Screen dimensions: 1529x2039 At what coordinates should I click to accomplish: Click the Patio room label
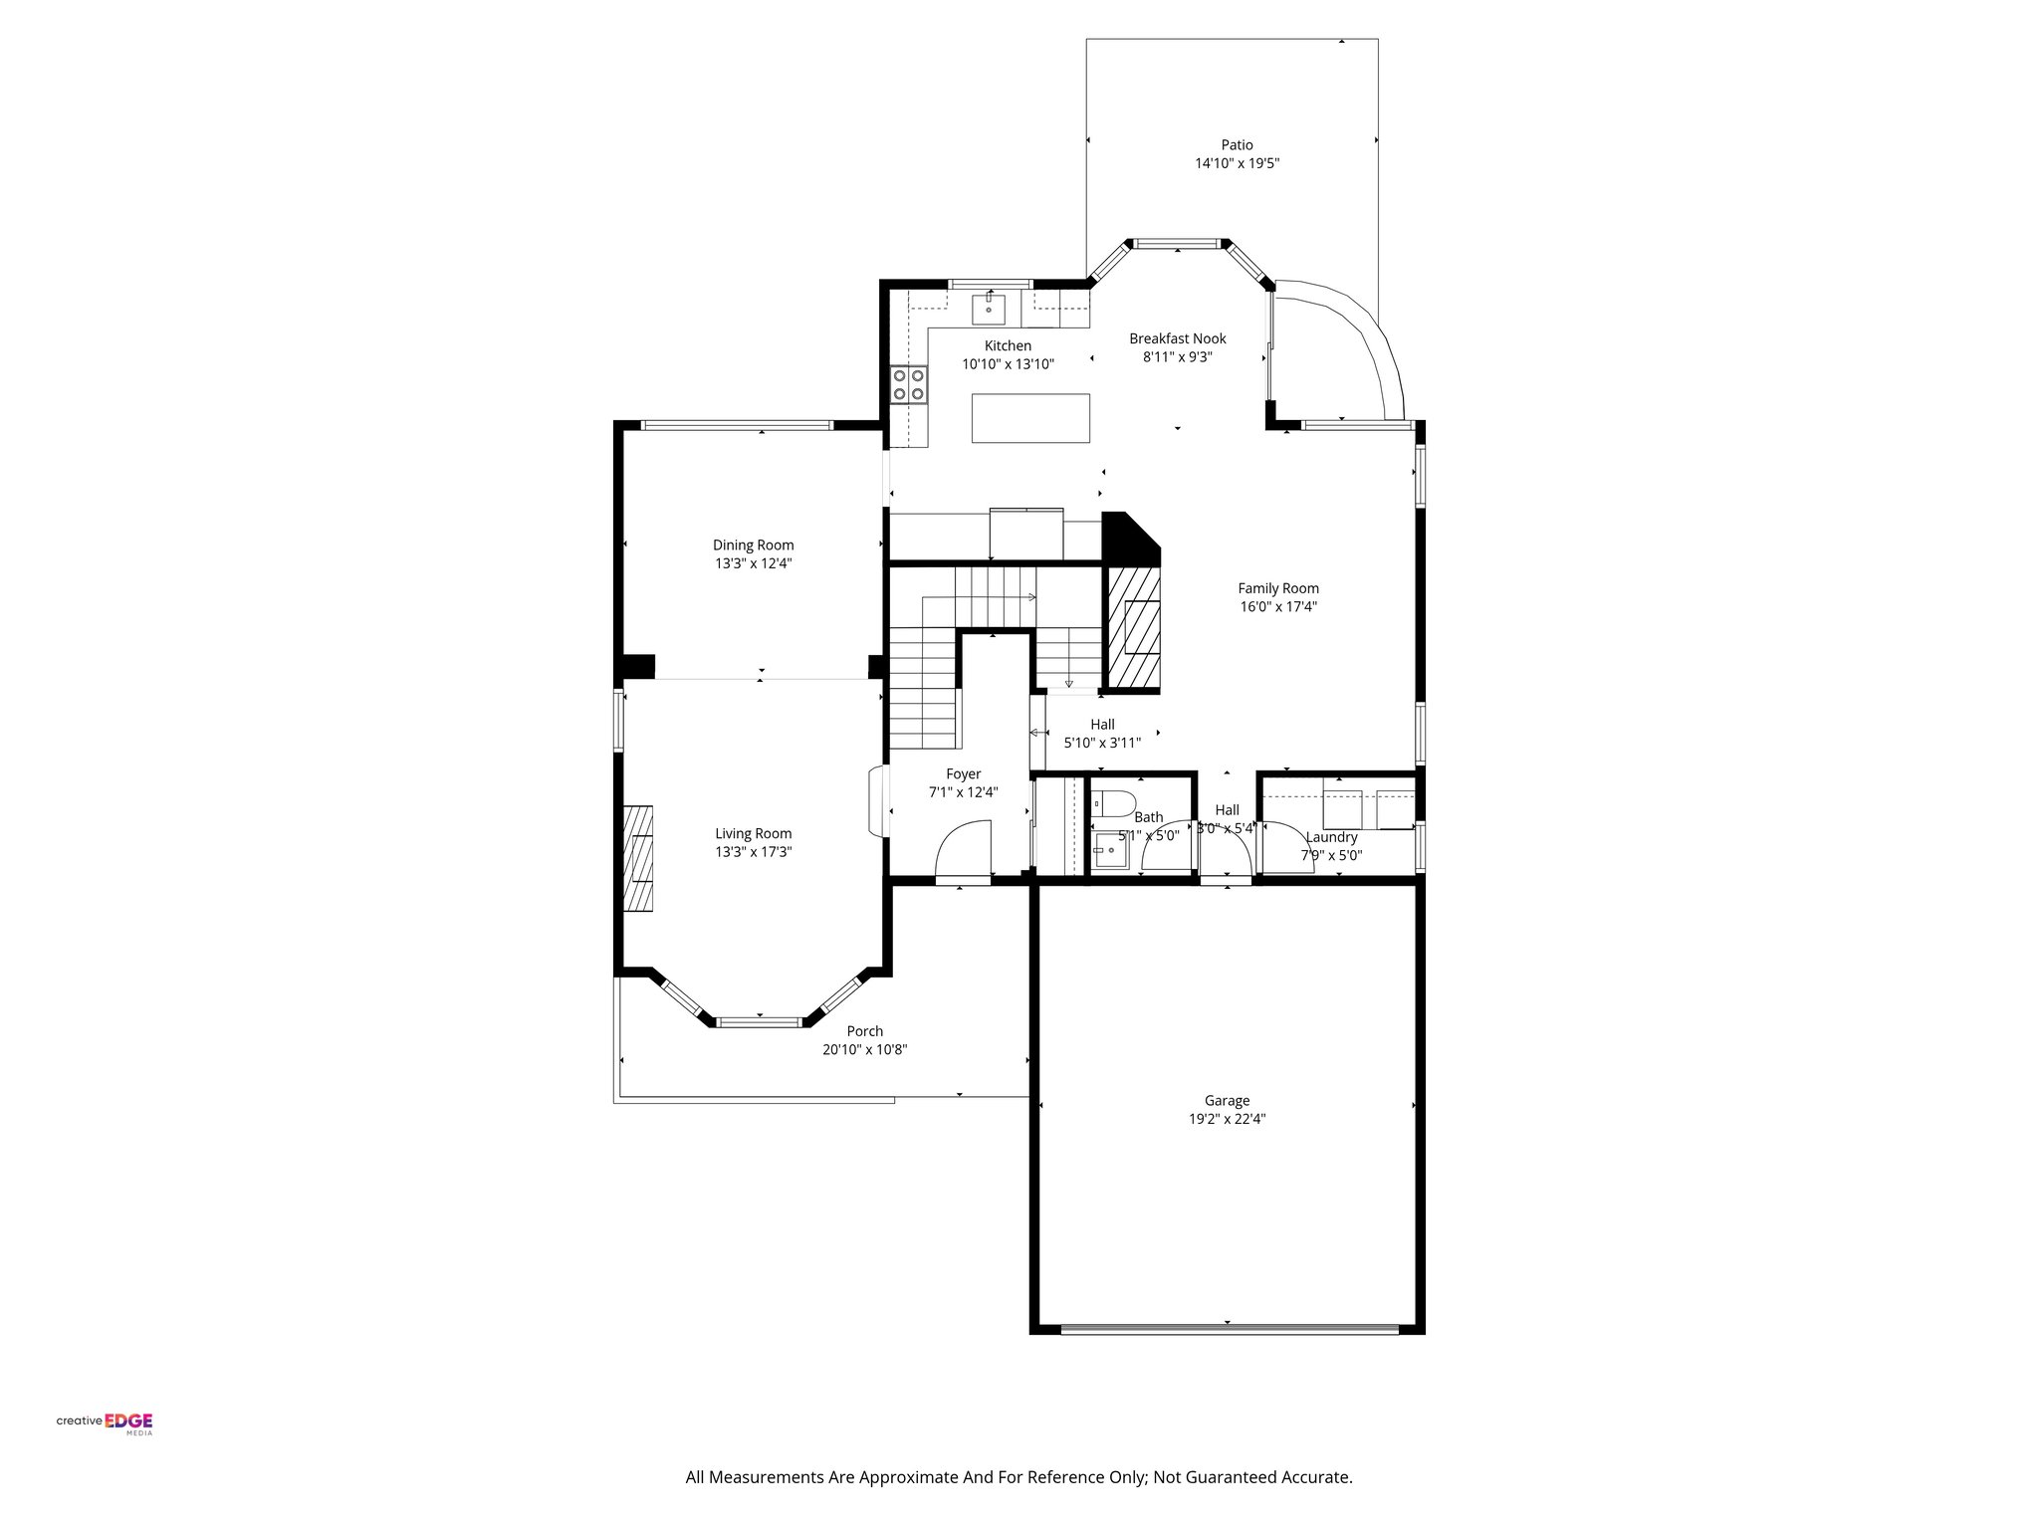[1237, 145]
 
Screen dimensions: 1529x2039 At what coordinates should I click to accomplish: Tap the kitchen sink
[989, 309]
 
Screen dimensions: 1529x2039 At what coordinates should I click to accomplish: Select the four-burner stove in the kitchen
[909, 384]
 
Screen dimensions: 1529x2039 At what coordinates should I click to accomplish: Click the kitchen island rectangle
[1030, 418]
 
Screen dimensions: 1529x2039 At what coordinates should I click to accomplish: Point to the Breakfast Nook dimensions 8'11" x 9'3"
[1177, 356]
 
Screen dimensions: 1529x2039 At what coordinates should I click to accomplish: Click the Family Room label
[1277, 588]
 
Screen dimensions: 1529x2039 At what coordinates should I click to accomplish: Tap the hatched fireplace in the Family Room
[1134, 628]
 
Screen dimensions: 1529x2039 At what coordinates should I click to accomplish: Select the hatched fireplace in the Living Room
[638, 858]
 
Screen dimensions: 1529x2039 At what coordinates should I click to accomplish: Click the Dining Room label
[753, 545]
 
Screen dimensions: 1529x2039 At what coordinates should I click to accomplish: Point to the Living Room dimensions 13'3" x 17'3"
[753, 852]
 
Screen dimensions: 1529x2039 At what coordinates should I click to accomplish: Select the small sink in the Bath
[1108, 852]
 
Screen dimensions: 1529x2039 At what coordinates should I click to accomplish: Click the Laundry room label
[1331, 837]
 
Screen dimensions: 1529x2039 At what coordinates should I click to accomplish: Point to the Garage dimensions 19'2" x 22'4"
[1227, 1118]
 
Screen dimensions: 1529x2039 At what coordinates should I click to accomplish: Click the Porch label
[864, 1031]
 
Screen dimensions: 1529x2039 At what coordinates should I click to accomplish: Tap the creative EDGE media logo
[105, 1421]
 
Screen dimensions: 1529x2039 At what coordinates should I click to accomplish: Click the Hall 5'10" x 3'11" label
[1102, 733]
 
